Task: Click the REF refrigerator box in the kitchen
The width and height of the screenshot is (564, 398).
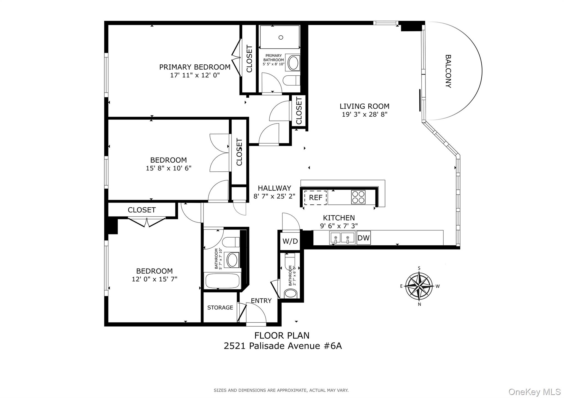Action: pyautogui.click(x=315, y=197)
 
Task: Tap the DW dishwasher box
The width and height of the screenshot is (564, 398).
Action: pyautogui.click(x=363, y=238)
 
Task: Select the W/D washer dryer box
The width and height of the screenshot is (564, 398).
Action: pyautogui.click(x=290, y=241)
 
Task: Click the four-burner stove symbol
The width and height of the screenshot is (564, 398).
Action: pyautogui.click(x=358, y=197)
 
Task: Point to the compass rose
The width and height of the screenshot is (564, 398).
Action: pyautogui.click(x=419, y=286)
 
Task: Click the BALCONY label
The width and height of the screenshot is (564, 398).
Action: pyautogui.click(x=448, y=71)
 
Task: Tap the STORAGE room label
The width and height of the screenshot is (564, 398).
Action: pyautogui.click(x=220, y=308)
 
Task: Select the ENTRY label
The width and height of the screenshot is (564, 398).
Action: pyautogui.click(x=261, y=301)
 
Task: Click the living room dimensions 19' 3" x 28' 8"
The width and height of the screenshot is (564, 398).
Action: pyautogui.click(x=364, y=114)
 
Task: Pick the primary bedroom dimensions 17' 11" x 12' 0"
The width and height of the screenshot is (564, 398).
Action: pyautogui.click(x=195, y=75)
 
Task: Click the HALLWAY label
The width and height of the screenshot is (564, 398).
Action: pyautogui.click(x=274, y=188)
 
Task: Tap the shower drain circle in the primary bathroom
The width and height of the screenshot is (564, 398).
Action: pyautogui.click(x=281, y=37)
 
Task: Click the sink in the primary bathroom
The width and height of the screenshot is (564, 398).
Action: pyautogui.click(x=293, y=63)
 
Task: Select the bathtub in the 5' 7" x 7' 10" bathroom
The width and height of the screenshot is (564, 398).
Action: pyautogui.click(x=223, y=281)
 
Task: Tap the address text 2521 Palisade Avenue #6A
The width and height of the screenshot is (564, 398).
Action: pyautogui.click(x=283, y=346)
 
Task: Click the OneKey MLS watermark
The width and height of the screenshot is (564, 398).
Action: pyautogui.click(x=534, y=392)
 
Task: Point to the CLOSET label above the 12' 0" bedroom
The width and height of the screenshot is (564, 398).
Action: pyautogui.click(x=142, y=210)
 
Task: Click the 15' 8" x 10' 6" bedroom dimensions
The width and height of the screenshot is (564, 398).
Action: pyautogui.click(x=169, y=168)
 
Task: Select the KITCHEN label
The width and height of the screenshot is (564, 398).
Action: pyautogui.click(x=339, y=218)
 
